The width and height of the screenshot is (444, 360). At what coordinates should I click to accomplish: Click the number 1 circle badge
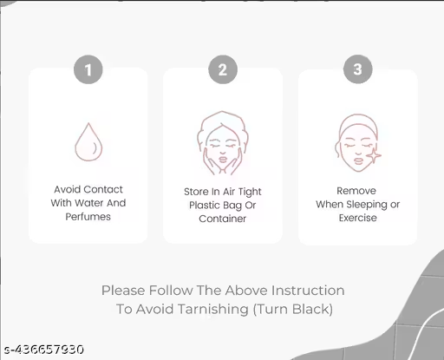88,69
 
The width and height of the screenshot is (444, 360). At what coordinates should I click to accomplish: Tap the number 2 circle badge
223,69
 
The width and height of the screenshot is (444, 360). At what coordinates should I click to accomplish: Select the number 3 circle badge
358,69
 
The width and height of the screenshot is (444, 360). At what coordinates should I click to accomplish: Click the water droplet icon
88,141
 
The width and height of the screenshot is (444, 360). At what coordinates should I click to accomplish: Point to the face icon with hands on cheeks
223,143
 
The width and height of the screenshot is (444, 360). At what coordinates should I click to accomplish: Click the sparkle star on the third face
374,155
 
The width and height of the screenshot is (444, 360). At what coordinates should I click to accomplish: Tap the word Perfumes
88,217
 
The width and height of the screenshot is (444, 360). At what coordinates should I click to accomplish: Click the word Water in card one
88,203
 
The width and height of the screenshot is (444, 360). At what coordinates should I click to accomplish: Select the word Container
223,219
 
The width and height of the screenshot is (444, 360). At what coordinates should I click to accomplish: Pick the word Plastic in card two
205,205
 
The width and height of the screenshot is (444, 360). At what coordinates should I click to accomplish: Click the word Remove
356,191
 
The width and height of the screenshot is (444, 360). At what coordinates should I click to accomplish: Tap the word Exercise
358,218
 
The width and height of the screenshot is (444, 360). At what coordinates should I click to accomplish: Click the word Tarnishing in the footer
212,310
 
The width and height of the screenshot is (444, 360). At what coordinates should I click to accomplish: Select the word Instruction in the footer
308,291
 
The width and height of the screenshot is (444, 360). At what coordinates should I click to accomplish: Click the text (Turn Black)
293,309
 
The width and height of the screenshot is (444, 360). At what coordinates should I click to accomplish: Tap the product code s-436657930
44,350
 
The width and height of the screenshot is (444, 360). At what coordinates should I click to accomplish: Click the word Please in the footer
123,291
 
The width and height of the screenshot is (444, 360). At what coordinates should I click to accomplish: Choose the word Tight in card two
250,192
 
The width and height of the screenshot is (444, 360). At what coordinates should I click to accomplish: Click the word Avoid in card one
67,189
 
